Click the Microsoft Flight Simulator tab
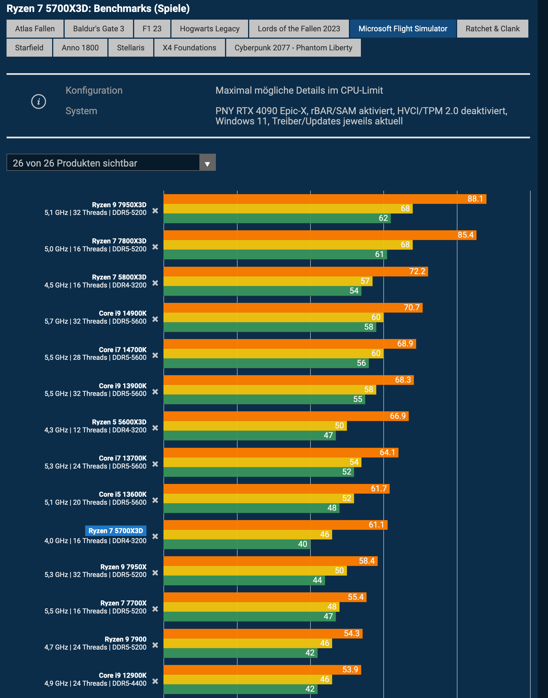(402, 28)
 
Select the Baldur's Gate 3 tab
(99, 28)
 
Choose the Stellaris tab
(130, 48)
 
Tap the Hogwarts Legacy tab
(210, 28)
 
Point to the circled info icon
(38, 102)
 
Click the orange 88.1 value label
(475, 199)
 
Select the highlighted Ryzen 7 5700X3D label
(116, 531)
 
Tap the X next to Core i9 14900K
(155, 319)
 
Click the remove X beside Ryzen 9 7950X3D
(155, 211)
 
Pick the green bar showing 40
(237, 544)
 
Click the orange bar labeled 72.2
(295, 272)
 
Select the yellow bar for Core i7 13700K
(262, 462)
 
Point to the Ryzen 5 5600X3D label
(119, 422)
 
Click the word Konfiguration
(94, 91)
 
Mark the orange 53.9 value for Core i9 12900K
(350, 670)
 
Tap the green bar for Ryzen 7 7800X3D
(275, 254)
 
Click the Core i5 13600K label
(122, 494)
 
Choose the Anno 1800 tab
(80, 48)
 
